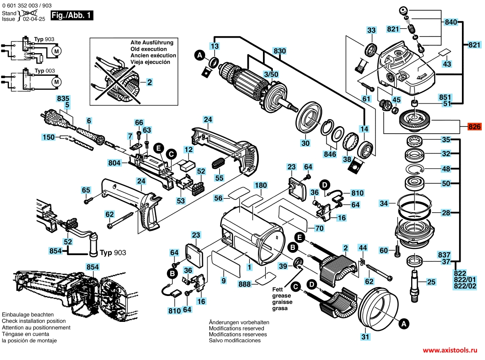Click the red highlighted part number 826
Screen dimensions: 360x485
(474, 127)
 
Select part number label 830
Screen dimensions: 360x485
(280, 50)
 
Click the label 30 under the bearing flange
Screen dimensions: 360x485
(305, 144)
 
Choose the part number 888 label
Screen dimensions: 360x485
(245, 284)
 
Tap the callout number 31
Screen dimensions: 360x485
(366, 336)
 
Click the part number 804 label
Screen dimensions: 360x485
(115, 163)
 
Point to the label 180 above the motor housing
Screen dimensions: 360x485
(261, 185)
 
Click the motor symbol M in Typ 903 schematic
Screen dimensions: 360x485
(56, 50)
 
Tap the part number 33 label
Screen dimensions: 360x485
(372, 30)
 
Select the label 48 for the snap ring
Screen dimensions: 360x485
(445, 168)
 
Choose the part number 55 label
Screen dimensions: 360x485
(219, 178)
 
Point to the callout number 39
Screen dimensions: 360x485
(283, 266)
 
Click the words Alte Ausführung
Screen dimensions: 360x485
(151, 42)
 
